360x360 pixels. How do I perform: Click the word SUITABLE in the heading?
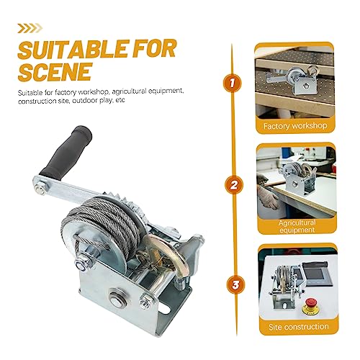click(x=73, y=49)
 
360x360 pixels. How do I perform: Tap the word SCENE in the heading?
click(x=55, y=71)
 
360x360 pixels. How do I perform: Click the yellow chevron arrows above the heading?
click(x=30, y=28)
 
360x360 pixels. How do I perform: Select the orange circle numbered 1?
click(x=232, y=83)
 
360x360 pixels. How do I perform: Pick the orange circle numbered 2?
click(x=234, y=185)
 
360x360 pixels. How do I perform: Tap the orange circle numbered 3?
click(x=235, y=284)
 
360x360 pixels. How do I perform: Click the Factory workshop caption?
click(x=295, y=126)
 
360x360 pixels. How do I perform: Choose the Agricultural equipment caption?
click(x=297, y=226)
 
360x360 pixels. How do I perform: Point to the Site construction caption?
click(x=298, y=327)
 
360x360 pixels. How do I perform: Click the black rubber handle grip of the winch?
click(x=66, y=153)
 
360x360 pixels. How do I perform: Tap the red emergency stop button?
click(x=310, y=305)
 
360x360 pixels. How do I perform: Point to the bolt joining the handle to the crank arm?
click(x=40, y=188)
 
